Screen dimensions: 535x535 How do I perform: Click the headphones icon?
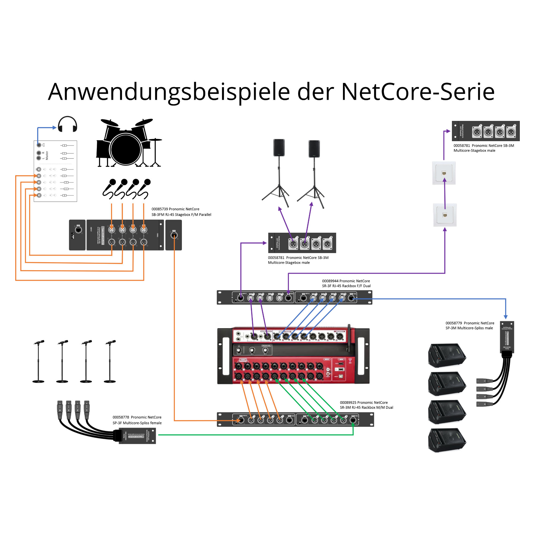[67, 124]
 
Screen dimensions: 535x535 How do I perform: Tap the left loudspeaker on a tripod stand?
[278, 148]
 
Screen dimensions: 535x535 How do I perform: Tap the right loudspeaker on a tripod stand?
[314, 149]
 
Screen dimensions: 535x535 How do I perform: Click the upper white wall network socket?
[444, 173]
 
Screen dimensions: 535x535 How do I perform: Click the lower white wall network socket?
[445, 215]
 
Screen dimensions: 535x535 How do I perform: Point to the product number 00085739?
[159, 209]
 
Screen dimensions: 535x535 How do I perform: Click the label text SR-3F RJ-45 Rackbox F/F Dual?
[346, 286]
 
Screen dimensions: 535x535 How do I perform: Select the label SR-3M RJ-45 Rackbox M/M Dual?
[366, 407]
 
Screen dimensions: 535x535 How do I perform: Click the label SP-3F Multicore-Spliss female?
[137, 423]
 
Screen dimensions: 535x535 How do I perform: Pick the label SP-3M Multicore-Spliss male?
[469, 328]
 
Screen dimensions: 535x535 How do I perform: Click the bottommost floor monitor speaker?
[447, 440]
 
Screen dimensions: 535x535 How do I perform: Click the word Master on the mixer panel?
[47, 155]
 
